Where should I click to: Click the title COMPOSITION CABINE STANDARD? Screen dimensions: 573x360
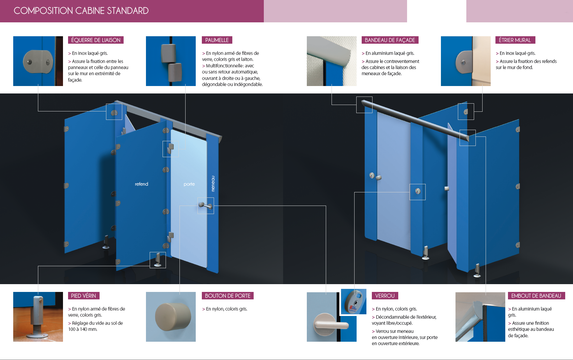point(81,11)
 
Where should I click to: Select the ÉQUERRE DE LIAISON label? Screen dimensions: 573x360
point(96,40)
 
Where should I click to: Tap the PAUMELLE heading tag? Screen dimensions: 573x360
point(217,40)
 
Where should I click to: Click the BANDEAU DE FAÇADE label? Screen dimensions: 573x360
point(390,40)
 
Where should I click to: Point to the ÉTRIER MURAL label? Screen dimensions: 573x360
point(515,40)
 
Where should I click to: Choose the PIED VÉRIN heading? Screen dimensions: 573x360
point(83,296)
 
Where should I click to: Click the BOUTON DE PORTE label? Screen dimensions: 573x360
point(228,296)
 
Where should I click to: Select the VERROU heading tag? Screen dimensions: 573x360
point(385,296)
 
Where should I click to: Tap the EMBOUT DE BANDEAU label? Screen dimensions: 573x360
point(536,296)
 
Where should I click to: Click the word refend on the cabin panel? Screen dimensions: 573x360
point(142,184)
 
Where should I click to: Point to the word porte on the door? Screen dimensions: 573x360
point(189,184)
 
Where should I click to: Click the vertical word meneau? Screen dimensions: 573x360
point(213,184)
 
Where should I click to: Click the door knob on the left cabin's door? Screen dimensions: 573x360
point(206,206)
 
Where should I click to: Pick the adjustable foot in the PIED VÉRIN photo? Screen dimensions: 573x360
point(38,317)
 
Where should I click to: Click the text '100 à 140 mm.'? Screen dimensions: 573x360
point(83,329)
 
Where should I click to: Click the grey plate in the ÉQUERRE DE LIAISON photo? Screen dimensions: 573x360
point(38,62)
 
